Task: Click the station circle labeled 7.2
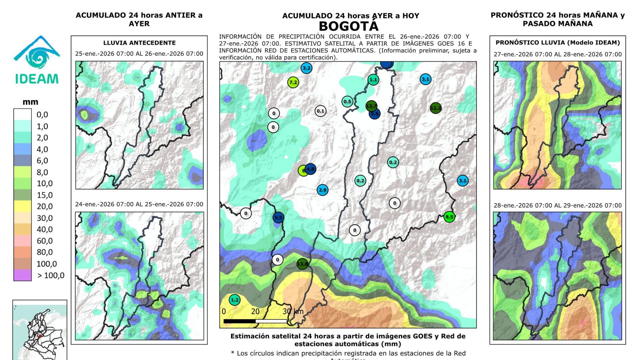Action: pos(293,82)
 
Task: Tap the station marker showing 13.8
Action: pos(302,264)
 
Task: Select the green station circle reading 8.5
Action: pos(449,217)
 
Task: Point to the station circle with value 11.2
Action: pos(435,108)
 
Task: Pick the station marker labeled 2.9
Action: pos(322,190)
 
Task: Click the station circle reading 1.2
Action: pos(235,300)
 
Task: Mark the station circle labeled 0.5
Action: pos(347,102)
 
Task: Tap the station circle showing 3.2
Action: pos(306,68)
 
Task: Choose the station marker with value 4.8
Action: pos(310,169)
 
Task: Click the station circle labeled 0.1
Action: pos(320,111)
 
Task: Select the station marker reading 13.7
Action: pos(371,106)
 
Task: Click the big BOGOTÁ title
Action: pos(349,26)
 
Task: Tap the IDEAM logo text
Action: pos(37,79)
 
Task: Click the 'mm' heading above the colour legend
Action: pos(30,102)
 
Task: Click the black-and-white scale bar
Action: pos(255,321)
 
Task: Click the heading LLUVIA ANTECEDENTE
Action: pos(139,43)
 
